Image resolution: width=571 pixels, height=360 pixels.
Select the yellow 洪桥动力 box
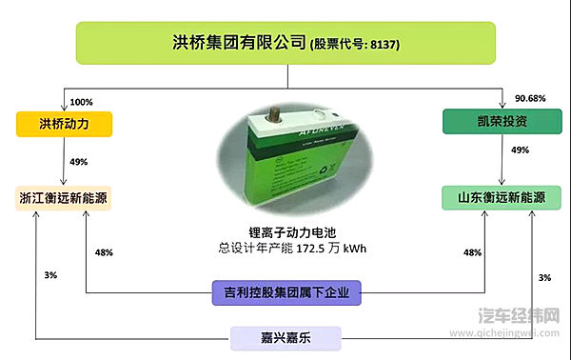(x=64, y=124)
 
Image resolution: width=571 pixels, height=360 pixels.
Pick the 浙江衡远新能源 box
(x=64, y=198)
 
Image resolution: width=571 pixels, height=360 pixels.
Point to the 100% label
(x=82, y=102)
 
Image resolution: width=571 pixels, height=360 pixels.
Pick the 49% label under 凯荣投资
(x=520, y=150)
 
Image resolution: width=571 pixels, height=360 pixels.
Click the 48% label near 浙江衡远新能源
(x=104, y=252)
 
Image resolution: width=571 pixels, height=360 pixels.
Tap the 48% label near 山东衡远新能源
(x=471, y=252)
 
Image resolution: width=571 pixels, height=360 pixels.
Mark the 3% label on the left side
(x=50, y=275)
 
